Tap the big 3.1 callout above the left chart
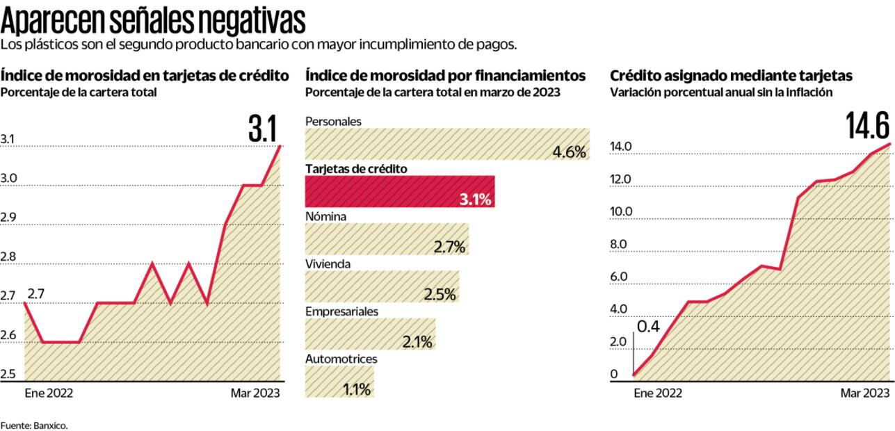click(x=262, y=130)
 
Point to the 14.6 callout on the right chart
click(x=867, y=127)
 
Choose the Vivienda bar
click(x=382, y=286)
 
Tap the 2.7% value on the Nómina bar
click(x=449, y=247)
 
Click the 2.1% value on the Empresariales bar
click(x=417, y=342)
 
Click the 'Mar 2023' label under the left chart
click(x=255, y=393)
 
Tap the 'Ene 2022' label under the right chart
click(x=657, y=393)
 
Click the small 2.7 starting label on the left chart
click(x=37, y=293)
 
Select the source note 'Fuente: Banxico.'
click(x=34, y=425)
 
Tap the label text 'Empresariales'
click(x=341, y=311)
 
